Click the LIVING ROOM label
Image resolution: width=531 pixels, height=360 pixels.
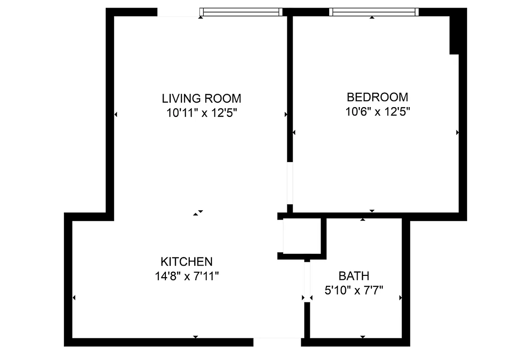(201, 98)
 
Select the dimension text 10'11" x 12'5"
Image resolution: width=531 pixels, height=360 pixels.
(201, 112)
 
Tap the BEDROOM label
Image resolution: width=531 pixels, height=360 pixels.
(378, 97)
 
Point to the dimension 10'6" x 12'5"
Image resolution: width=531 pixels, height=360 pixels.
(378, 111)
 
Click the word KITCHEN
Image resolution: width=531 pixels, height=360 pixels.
(186, 261)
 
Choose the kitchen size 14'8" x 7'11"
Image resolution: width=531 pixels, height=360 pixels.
(186, 276)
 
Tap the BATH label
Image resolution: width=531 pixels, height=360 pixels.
(354, 276)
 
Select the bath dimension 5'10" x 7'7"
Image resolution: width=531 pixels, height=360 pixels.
(354, 290)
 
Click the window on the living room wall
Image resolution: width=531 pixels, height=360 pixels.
(241, 12)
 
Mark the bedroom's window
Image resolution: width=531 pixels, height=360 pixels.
(373, 12)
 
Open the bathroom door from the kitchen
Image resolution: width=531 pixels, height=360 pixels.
(307, 281)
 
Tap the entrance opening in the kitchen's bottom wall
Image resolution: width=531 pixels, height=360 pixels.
(277, 342)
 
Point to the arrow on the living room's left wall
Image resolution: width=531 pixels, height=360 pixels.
(116, 115)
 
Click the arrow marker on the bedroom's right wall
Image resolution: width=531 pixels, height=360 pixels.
(457, 132)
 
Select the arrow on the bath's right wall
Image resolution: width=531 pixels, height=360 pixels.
(400, 297)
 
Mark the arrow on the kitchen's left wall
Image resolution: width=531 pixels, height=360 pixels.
(74, 297)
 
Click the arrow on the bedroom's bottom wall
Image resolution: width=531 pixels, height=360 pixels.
(372, 211)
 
